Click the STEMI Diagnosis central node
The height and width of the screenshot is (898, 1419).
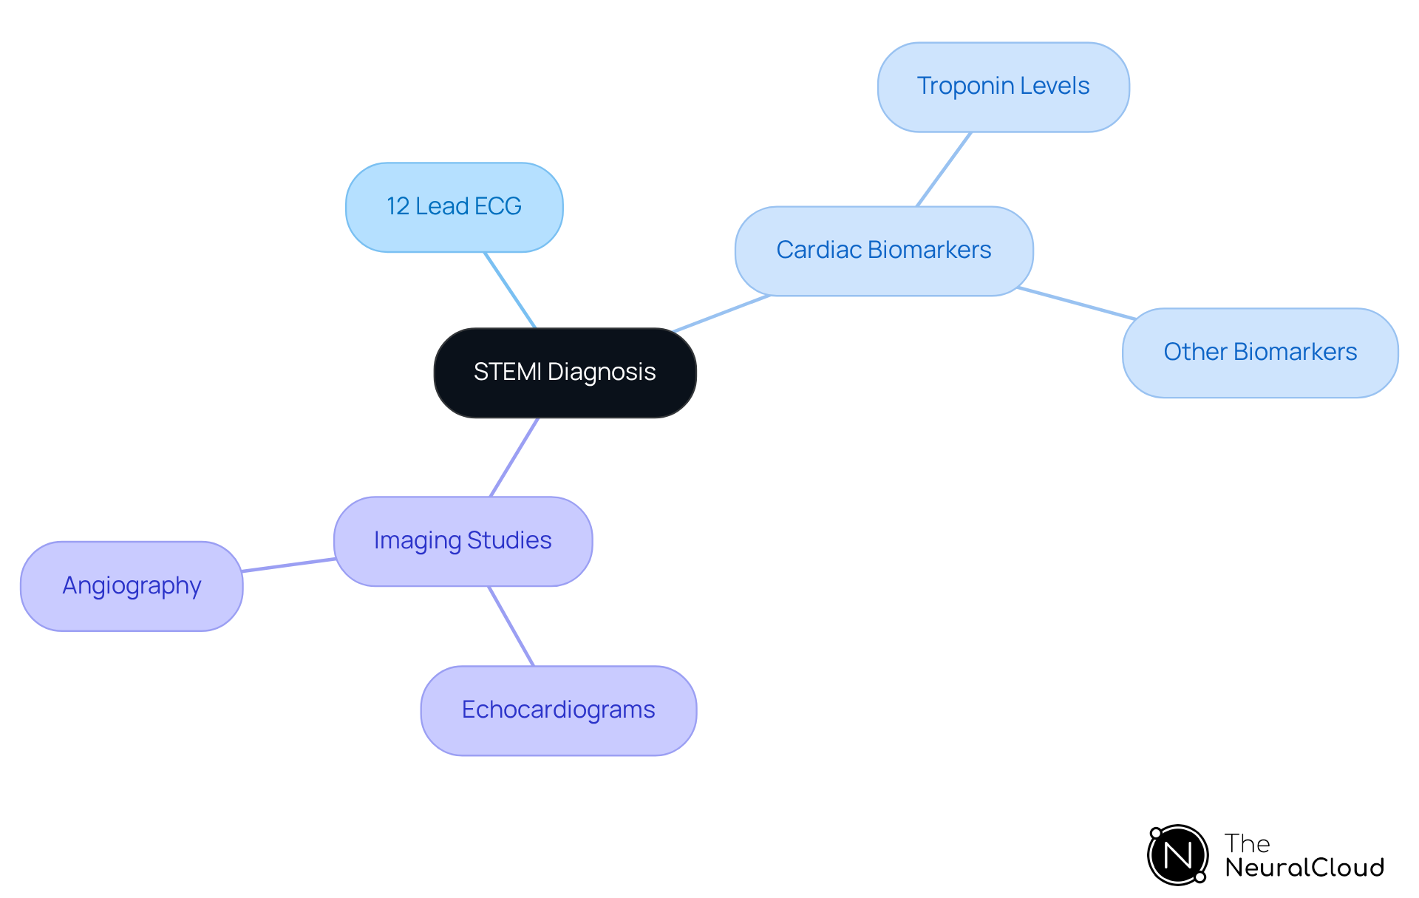565,373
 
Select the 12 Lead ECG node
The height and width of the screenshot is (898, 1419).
454,207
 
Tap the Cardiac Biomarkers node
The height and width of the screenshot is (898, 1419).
883,251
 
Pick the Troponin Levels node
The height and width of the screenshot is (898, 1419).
1003,86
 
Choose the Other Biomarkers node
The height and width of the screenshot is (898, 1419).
1259,353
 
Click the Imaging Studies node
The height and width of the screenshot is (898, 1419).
463,541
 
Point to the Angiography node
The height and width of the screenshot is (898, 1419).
132,586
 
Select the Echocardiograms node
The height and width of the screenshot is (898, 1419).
558,710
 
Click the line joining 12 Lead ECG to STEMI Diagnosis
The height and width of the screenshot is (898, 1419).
510,290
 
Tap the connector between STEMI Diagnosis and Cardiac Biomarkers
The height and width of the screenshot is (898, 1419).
721,313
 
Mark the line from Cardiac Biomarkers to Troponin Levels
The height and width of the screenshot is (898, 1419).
944,169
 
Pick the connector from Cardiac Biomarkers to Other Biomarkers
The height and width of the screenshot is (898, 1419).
1076,303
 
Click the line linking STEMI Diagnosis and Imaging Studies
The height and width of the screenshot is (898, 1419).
514,457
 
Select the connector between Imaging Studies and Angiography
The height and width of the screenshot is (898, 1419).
288,565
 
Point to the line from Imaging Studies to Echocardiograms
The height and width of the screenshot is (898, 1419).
511,626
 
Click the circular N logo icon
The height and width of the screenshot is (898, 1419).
1177,855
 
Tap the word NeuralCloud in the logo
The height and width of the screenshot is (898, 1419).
1304,868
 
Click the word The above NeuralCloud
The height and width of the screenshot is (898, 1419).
1247,843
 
